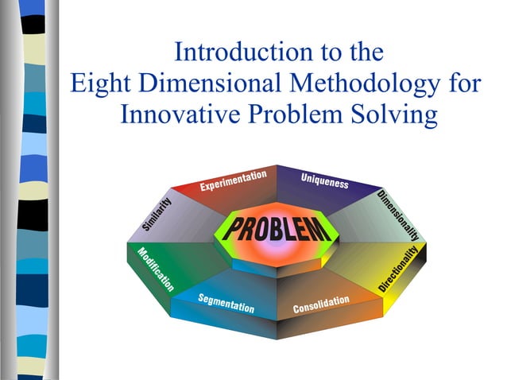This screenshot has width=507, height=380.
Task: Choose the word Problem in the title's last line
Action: (301, 114)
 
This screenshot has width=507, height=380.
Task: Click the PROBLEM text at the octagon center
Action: (276, 229)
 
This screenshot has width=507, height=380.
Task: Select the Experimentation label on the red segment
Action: (233, 180)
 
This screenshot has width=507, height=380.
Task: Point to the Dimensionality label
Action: (397, 215)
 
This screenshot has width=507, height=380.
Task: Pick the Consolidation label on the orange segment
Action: (321, 304)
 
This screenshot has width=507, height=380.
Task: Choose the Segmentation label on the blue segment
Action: (226, 303)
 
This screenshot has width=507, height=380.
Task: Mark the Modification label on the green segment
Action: (156, 269)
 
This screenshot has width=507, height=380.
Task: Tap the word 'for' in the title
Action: (462, 83)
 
